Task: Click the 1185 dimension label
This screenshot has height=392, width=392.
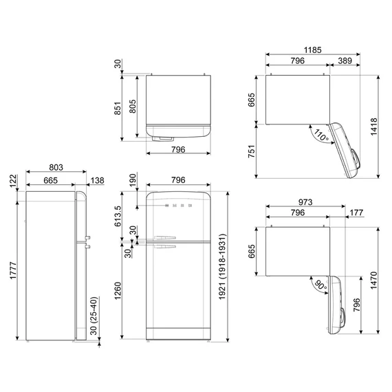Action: pos(312,50)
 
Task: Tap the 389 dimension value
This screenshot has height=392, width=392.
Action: pos(345,61)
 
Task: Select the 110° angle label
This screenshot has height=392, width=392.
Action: pos(320,135)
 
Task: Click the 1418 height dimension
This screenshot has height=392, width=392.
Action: pos(373,127)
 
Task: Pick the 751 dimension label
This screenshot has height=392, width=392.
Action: pos(252,151)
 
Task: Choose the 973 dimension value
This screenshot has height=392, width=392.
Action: pos(305,202)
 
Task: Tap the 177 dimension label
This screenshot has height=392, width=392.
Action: pos(356,213)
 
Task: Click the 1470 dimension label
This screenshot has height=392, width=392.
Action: pos(373,281)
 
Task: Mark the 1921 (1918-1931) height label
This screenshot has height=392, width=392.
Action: pos(222,267)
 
